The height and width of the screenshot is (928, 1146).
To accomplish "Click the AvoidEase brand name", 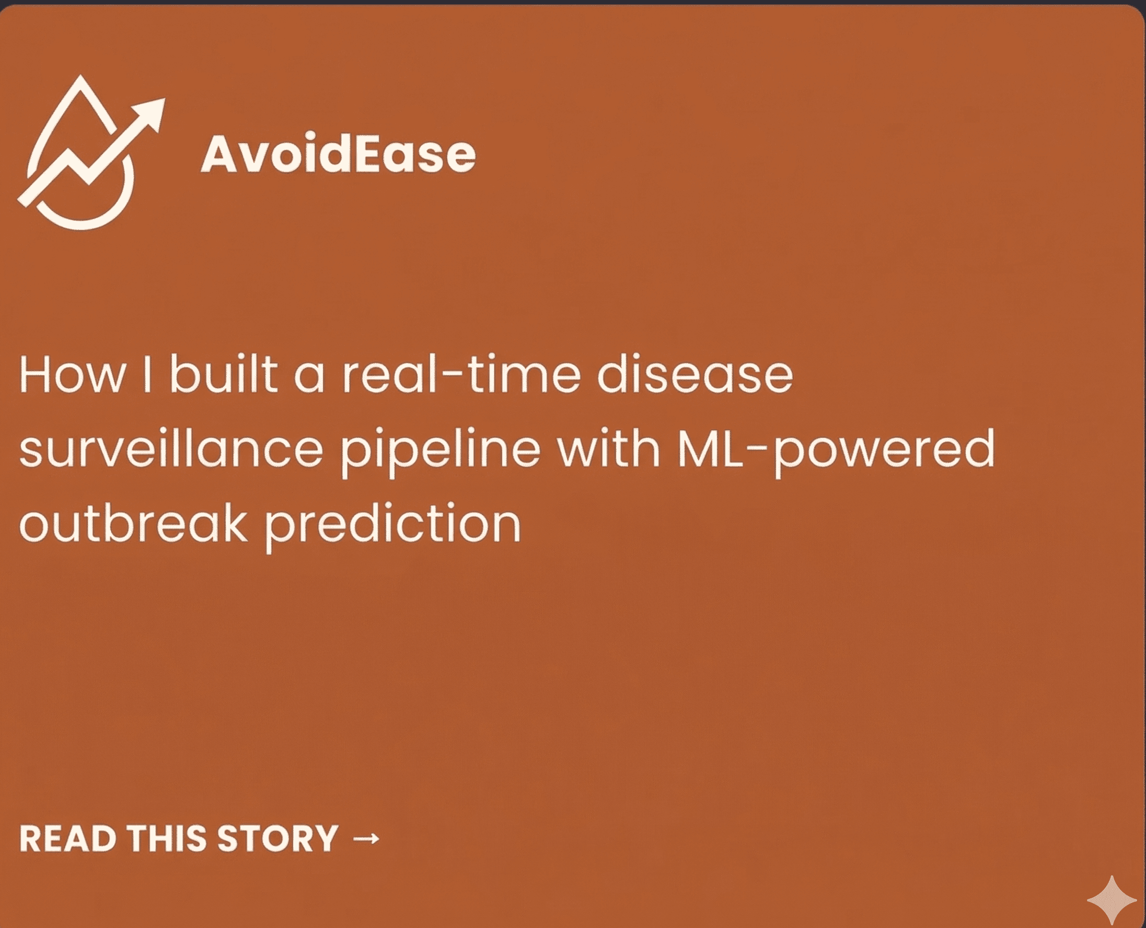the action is [338, 154].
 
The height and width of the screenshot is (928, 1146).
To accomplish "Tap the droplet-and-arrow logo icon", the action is [91, 153].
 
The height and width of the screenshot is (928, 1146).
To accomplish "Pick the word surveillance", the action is [171, 448].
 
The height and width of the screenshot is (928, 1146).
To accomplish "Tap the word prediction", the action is [393, 527].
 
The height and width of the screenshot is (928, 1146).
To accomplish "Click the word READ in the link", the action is [68, 838].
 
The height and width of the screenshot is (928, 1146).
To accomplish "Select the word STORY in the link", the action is [277, 838].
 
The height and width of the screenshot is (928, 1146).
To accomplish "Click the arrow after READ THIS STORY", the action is [366, 838].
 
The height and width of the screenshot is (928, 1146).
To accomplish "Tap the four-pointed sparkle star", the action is [1112, 900].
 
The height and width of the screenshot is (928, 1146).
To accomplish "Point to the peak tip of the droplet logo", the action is [80, 76].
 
